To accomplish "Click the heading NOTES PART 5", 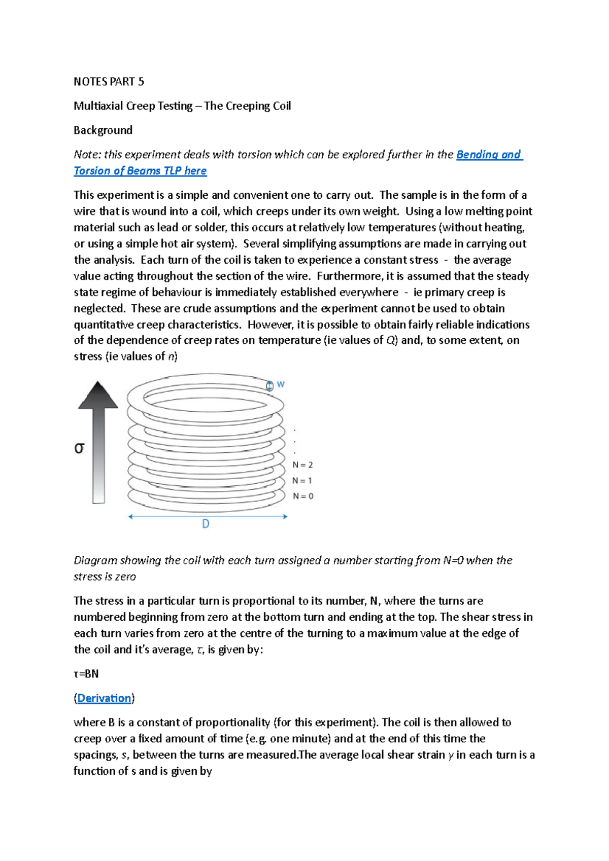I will coord(109,82).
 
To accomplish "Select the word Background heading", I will coord(103,130).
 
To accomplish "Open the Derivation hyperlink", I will coord(104,698).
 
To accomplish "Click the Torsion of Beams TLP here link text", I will coord(140,171).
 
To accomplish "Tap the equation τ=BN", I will coord(86,674).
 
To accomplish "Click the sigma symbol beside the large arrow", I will coord(79,448).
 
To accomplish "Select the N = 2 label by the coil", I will coord(302,465).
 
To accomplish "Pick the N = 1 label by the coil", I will coord(302,481).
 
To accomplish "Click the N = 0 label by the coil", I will coord(303,496).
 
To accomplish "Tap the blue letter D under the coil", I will coord(206,524).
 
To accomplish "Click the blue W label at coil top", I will coord(281,385).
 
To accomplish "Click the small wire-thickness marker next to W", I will coord(269,386).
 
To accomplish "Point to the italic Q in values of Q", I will coord(390,340).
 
